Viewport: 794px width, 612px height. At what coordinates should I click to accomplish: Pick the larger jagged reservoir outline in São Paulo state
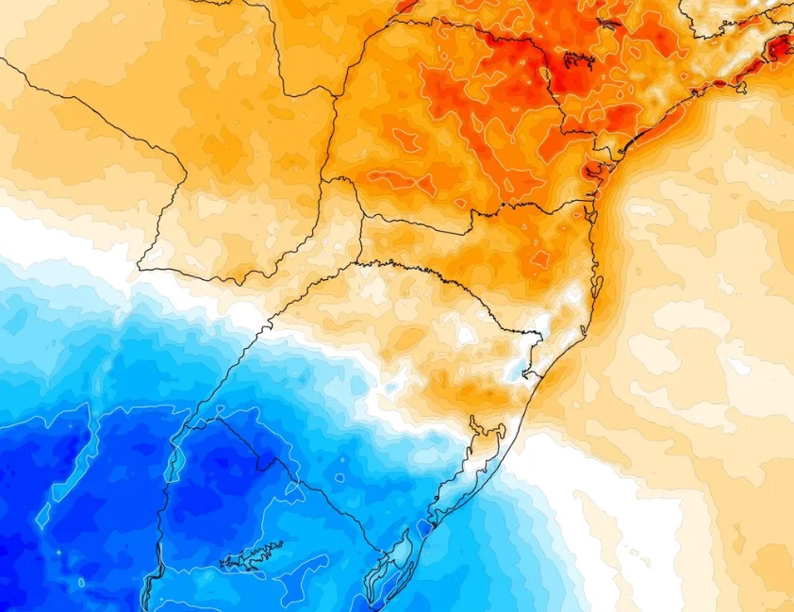[578, 62]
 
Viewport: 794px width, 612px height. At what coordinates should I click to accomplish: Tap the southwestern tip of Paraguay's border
[141, 268]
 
